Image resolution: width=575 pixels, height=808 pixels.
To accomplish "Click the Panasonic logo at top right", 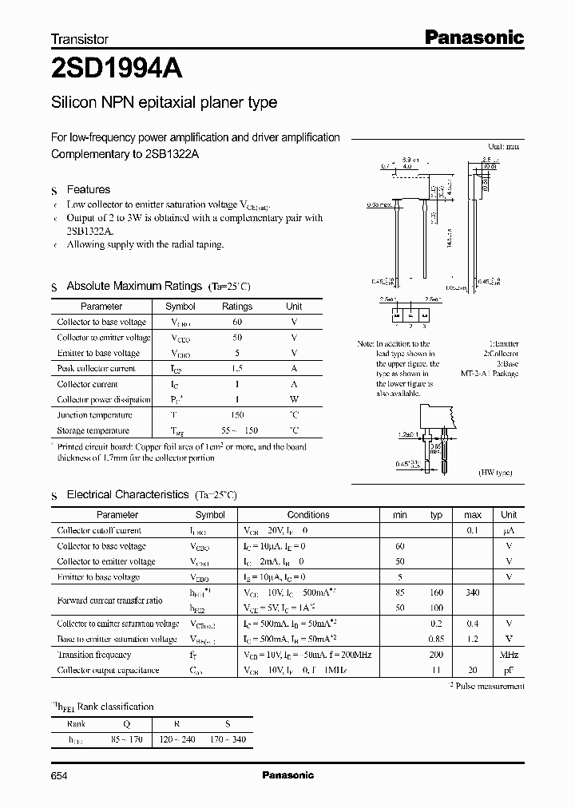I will (473, 37).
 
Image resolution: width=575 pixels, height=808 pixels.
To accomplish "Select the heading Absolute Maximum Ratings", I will (133, 286).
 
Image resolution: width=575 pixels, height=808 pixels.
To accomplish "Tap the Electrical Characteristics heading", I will (128, 495).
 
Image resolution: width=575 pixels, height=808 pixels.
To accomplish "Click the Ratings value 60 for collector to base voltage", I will (237, 322).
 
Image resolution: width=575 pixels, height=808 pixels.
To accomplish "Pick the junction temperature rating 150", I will (237, 415).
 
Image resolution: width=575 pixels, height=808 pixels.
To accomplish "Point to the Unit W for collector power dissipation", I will (294, 399).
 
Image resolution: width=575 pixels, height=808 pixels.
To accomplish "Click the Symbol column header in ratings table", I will (180, 307).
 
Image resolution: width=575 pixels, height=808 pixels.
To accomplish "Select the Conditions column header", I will (308, 515).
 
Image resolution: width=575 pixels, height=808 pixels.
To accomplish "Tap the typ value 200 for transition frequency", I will (436, 655).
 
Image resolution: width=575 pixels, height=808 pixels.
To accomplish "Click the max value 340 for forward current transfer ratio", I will (472, 592).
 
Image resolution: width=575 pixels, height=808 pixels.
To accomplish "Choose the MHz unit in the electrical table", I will (509, 655).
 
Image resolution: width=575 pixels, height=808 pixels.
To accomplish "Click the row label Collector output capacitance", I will (108, 670).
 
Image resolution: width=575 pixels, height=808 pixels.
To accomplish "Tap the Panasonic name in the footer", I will (287, 774).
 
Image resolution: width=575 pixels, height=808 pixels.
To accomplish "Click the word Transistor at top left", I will (80, 38).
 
